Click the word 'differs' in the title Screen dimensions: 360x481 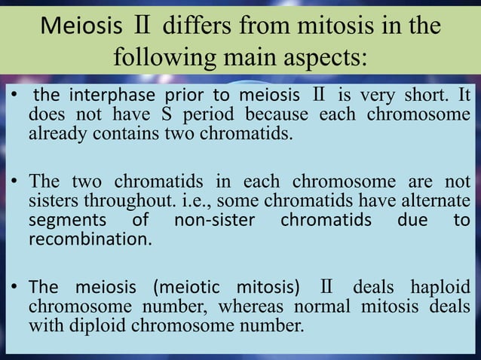coord(191,26)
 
